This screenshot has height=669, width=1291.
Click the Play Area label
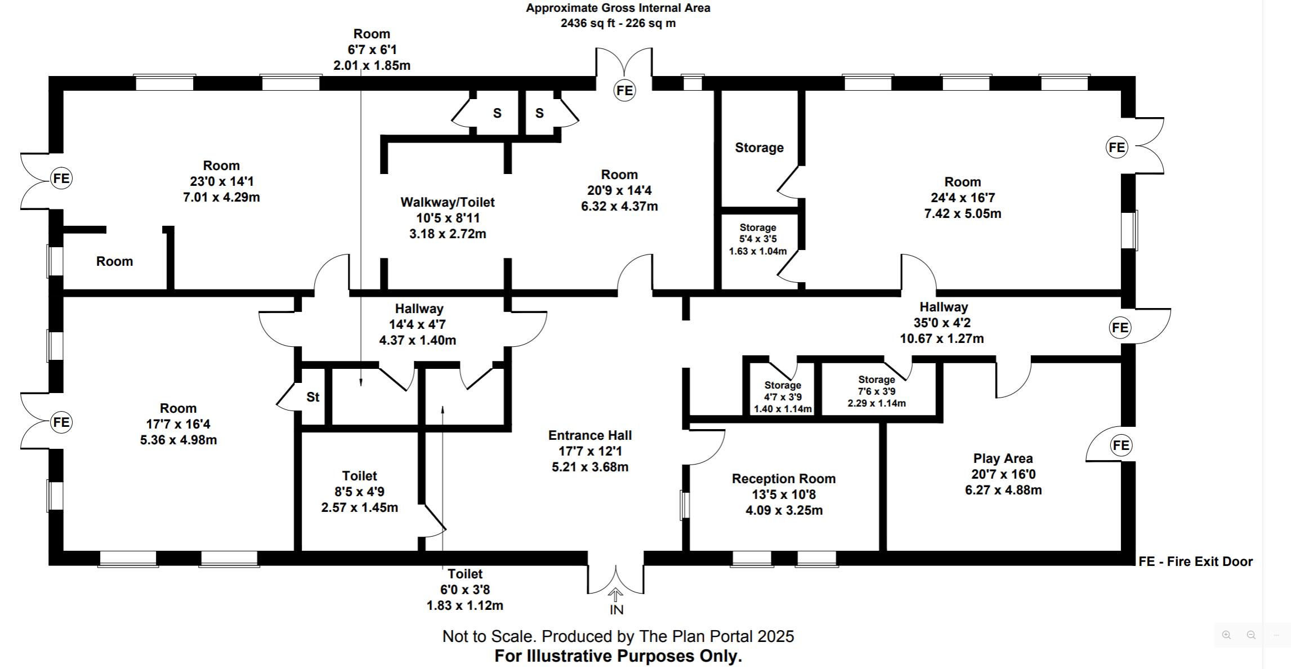click(1003, 458)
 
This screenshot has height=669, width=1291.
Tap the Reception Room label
click(783, 479)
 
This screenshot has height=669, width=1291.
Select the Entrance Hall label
click(590, 435)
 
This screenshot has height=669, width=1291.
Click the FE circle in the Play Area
click(1120, 445)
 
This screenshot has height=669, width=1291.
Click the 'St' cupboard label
click(312, 397)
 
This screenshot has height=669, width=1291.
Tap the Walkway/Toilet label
click(448, 202)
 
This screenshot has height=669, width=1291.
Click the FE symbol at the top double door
click(624, 91)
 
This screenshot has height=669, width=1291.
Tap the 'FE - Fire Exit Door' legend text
click(1195, 561)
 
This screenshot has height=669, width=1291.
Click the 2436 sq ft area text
click(618, 23)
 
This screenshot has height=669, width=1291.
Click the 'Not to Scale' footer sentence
click(618, 636)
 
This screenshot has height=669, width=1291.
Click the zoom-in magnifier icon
click(1226, 635)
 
